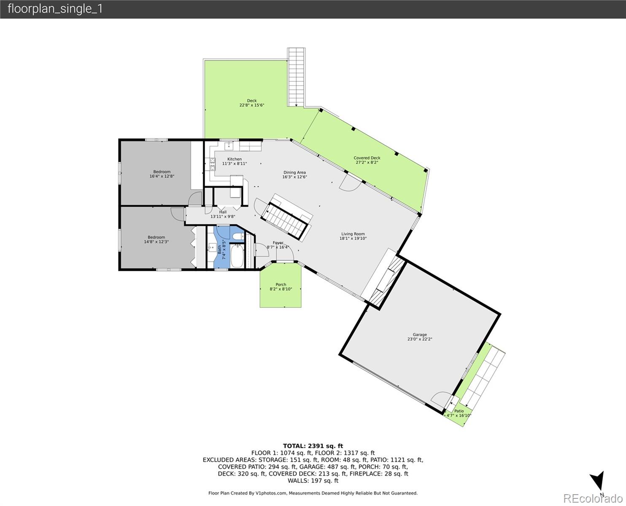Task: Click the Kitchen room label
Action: pos(234,159)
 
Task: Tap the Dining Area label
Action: pos(294,172)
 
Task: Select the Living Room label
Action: pos(353,234)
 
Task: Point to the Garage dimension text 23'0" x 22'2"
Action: pos(419,339)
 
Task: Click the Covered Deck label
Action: pos(367,158)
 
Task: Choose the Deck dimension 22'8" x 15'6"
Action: pos(251,105)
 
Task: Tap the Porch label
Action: pos(281,284)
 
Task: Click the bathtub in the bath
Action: pos(237,256)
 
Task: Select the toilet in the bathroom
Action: pos(238,236)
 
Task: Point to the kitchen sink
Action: pos(229,145)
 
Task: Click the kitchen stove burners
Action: pos(212,164)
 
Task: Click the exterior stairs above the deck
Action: pos(296,77)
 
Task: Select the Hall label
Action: pos(222,212)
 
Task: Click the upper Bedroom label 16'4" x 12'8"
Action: pos(162,172)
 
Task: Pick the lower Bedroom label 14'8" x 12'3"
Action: pos(156,237)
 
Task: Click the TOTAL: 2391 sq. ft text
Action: pos(313,446)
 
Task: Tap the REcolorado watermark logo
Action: pos(593,498)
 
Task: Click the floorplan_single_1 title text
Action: pos(55,9)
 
